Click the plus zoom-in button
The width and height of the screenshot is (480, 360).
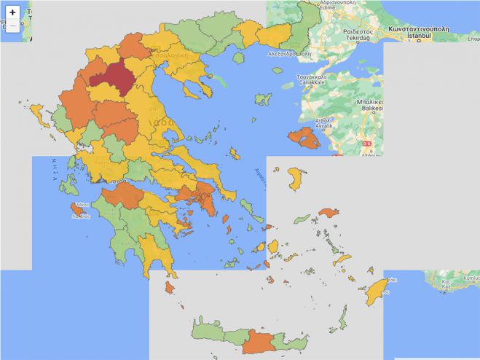point(12,12)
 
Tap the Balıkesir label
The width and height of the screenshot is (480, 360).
point(370,108)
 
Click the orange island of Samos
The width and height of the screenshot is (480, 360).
point(329,214)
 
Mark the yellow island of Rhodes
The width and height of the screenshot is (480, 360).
point(377,291)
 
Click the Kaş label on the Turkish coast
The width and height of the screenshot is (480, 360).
point(446,285)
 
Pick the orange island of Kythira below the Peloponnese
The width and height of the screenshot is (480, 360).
point(170,288)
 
